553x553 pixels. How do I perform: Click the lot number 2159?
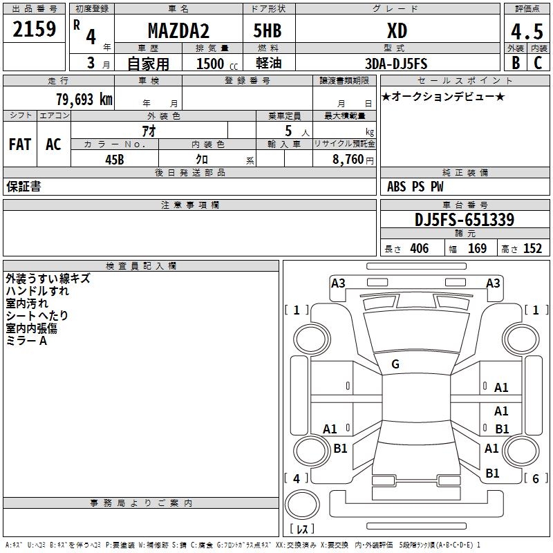[x=34, y=29]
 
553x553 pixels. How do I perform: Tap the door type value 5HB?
[x=267, y=30]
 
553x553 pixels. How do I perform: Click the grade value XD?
[x=397, y=30]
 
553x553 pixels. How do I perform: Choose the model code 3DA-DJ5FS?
[x=396, y=64]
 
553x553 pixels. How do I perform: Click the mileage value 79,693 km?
[x=84, y=100]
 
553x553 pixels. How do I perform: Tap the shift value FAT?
[x=19, y=144]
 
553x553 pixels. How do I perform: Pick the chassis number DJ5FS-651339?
[x=464, y=220]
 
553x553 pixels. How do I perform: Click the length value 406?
[x=419, y=249]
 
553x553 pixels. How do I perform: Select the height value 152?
[x=532, y=249]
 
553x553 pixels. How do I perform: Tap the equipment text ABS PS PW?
[x=415, y=187]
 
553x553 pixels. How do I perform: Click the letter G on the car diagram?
[x=395, y=364]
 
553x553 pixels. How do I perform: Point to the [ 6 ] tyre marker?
[x=536, y=478]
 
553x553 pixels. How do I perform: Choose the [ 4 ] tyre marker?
[x=297, y=478]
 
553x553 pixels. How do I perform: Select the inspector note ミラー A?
[x=26, y=341]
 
